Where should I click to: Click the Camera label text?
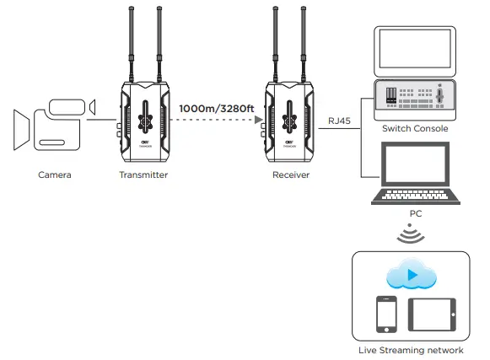point(54,175)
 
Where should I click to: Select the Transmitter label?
point(143,175)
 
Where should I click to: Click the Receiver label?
point(290,175)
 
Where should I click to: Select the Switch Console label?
point(414,129)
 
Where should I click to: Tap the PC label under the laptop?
point(415,213)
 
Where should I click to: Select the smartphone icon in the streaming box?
point(387,314)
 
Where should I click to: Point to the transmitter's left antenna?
point(132,42)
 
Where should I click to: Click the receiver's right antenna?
point(302,42)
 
